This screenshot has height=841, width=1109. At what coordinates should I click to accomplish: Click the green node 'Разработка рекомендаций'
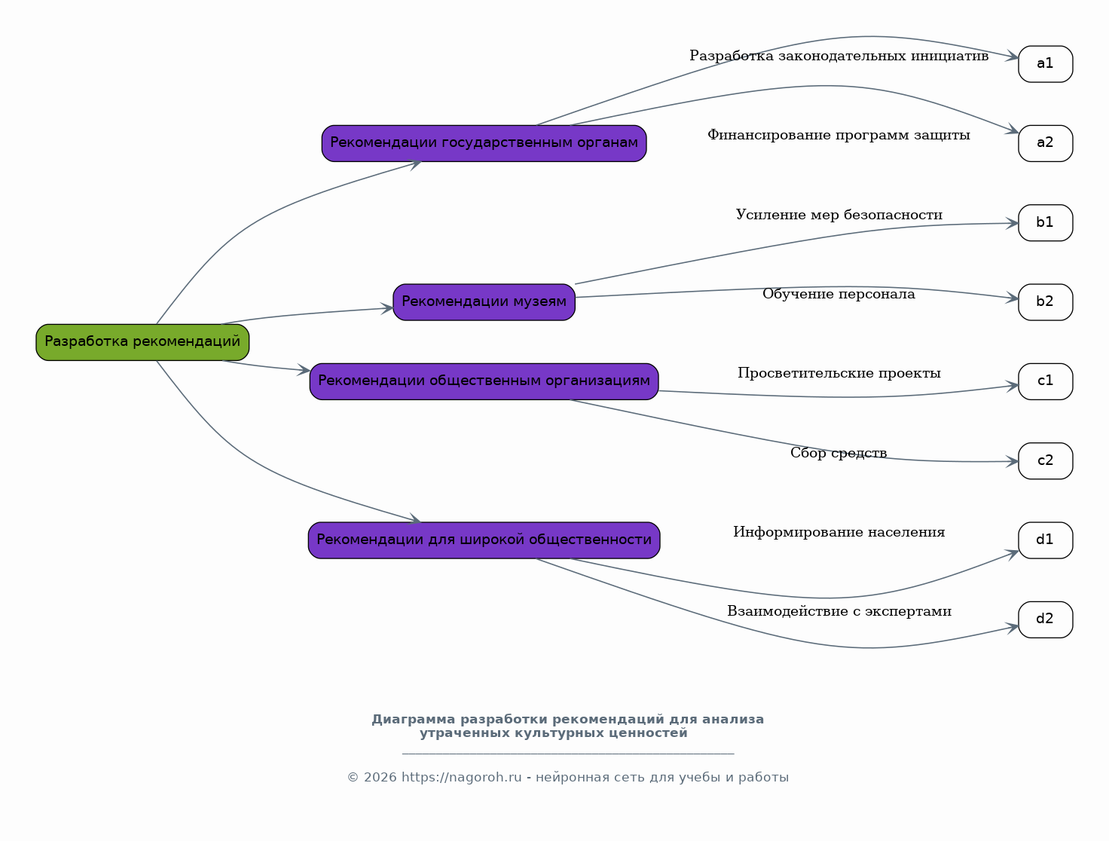[142, 342]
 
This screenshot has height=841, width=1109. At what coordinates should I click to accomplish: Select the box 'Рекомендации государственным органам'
[484, 143]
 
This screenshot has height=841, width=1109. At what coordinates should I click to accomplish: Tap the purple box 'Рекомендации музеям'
[484, 302]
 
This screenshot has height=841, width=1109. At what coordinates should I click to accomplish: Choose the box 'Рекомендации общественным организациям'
[484, 381]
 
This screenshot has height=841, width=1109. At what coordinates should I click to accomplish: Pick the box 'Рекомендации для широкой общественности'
[484, 540]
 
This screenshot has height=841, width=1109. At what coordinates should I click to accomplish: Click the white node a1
[1046, 64]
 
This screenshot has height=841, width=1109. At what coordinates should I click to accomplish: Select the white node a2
[1046, 143]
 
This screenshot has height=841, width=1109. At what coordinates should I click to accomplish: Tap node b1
[1046, 223]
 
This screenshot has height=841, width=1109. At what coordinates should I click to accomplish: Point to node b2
[1046, 302]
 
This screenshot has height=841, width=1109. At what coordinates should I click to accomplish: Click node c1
[1046, 381]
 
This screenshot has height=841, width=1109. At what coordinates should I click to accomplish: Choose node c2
[1046, 461]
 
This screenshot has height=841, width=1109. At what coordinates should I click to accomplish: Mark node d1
[1046, 540]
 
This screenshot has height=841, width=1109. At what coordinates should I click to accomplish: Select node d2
[1046, 619]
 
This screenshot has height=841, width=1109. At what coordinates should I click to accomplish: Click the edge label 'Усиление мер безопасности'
[839, 215]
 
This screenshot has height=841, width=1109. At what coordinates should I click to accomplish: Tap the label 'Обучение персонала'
[839, 294]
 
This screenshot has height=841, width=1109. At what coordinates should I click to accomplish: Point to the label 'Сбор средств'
[839, 453]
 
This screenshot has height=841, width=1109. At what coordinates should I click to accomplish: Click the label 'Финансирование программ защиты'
[839, 135]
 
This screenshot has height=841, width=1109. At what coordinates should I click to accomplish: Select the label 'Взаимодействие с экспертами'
[839, 612]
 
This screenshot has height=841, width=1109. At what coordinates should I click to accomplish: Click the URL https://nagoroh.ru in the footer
[461, 777]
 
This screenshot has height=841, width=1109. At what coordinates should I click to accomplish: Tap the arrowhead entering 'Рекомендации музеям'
[387, 308]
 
